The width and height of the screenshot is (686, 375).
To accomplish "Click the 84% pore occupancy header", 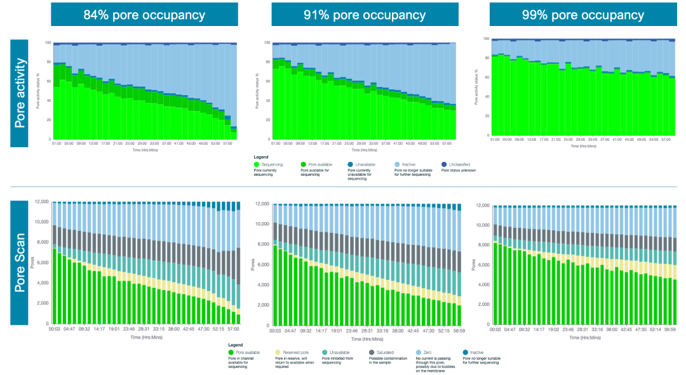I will click(144, 14).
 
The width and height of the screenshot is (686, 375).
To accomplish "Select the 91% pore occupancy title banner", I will click(365, 14).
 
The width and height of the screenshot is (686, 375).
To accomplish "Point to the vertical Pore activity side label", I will click(20, 93).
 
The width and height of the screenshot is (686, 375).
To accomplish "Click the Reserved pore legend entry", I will click(293, 352).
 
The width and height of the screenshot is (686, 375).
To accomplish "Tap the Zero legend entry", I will click(426, 352).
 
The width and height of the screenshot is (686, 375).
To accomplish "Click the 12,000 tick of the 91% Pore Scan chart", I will click(262, 204).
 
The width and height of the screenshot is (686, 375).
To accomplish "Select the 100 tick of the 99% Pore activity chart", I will click(486, 39).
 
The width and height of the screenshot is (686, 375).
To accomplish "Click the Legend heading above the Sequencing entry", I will click(261, 157).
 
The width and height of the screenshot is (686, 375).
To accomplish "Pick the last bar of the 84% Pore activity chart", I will click(234, 133).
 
